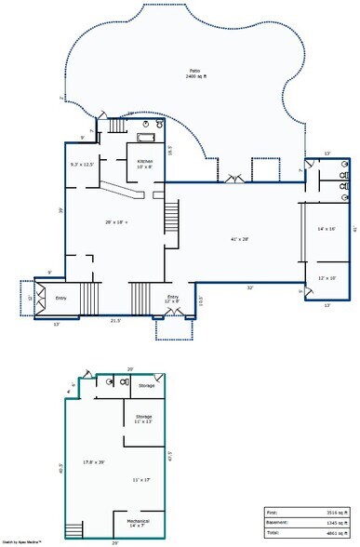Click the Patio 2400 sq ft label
coord(195,75)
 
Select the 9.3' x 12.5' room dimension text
coord(82,165)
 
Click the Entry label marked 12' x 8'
coord(173,299)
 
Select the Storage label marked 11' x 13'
coord(143,419)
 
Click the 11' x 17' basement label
coord(141,479)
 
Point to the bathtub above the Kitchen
coord(146,138)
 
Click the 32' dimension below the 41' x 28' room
coord(250,287)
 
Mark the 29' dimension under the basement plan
coord(114,542)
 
